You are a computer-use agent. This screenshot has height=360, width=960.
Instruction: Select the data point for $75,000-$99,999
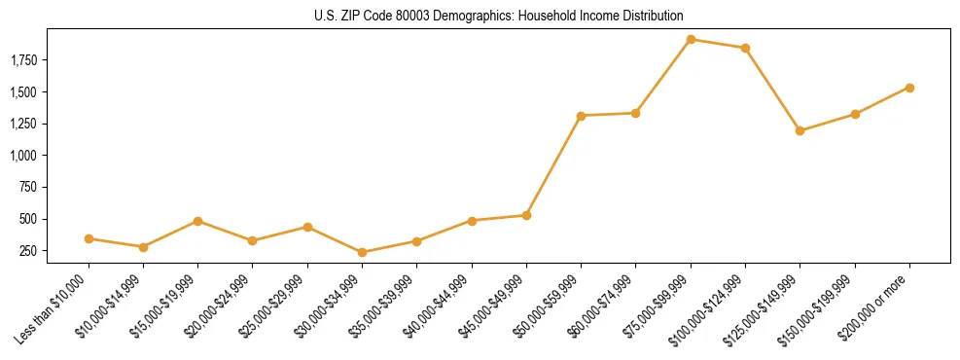tap(691, 40)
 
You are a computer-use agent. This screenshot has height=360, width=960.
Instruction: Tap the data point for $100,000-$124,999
tap(745, 48)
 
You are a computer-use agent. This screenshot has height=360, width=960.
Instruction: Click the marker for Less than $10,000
tap(89, 238)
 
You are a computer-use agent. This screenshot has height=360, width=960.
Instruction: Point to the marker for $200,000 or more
tap(909, 88)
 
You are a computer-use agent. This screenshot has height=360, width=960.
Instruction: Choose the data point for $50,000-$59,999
tap(581, 116)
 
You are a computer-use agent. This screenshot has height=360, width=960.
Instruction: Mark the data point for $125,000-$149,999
tap(800, 130)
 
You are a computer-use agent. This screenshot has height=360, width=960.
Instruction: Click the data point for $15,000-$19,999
tap(198, 221)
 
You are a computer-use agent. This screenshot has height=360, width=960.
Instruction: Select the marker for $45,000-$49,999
tap(526, 215)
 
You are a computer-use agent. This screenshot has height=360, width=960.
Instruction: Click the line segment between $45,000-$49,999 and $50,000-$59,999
tap(553, 165)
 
